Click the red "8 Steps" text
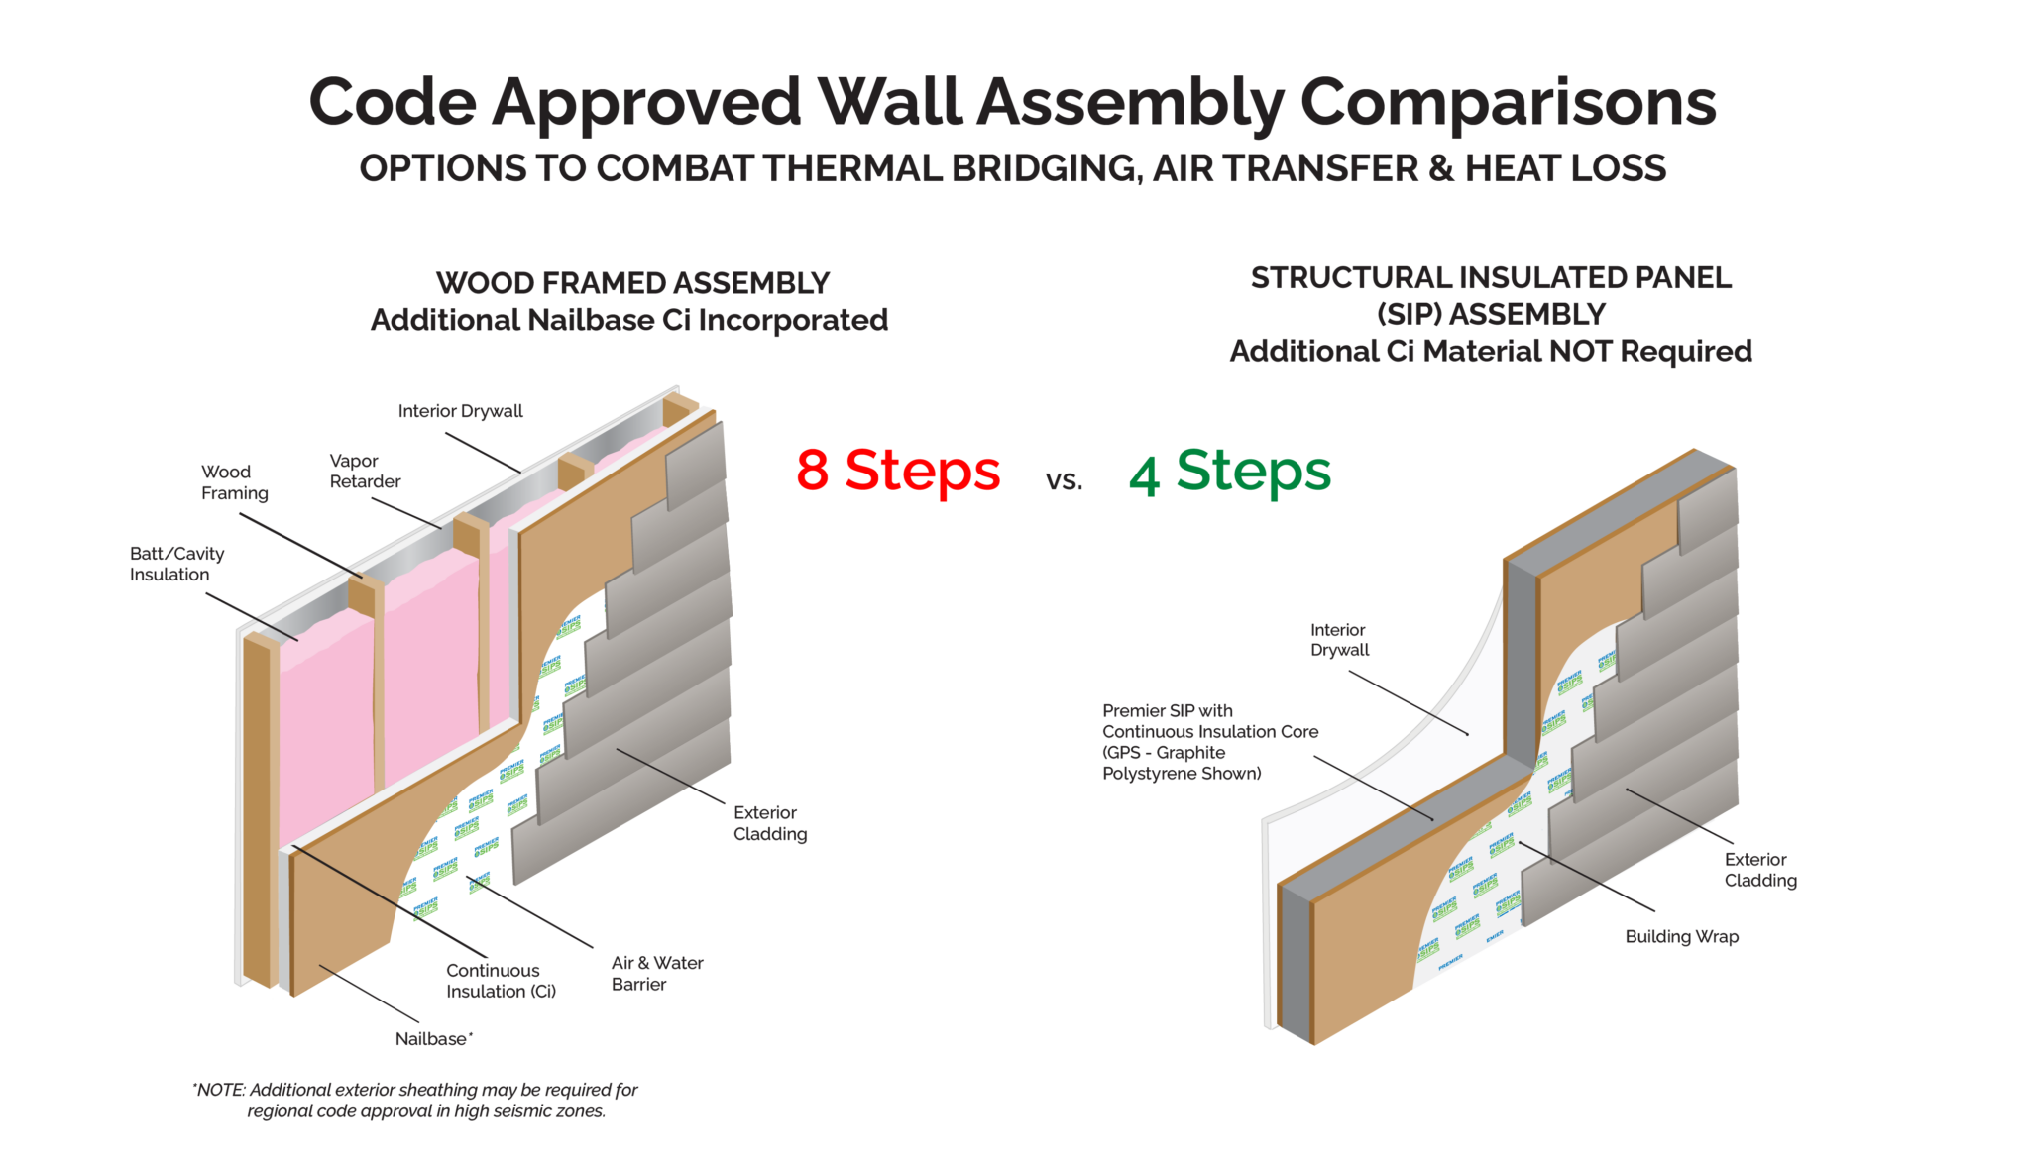point(898,471)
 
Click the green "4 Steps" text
point(1230,472)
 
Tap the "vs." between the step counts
point(1064,481)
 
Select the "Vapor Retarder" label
point(365,472)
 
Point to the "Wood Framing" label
point(235,482)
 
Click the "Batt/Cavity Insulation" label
point(176,564)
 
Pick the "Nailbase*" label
point(433,1039)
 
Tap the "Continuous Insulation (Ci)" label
point(501,981)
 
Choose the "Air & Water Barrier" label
point(656,973)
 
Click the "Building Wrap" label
point(1681,937)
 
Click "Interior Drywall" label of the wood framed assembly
point(460,411)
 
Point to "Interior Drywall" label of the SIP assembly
point(1339,640)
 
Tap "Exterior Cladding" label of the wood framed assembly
point(769,823)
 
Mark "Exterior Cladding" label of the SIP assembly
point(1759,870)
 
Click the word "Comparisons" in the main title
point(1507,103)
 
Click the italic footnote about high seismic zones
point(415,1101)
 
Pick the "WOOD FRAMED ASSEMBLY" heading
point(632,284)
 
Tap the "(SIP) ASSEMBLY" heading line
point(1491,315)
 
